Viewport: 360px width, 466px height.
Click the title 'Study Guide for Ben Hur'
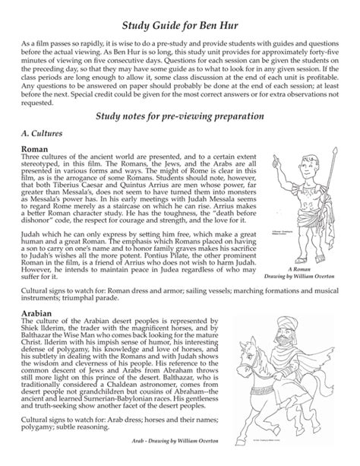pyautogui.click(x=179, y=11)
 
